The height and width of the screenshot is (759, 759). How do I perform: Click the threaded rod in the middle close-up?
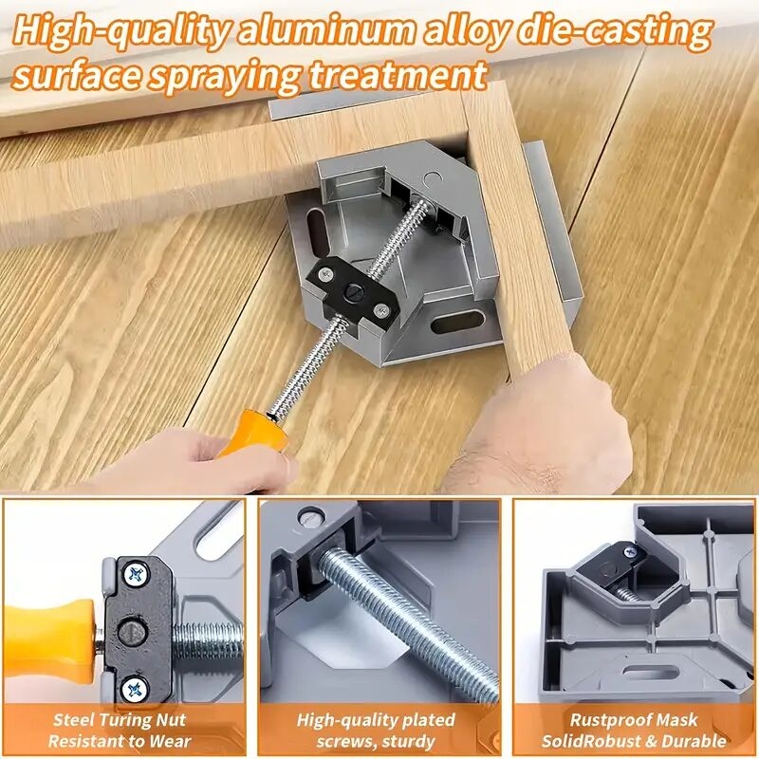pyautogui.click(x=408, y=617)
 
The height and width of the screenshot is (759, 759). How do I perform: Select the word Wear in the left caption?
pyautogui.click(x=171, y=742)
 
